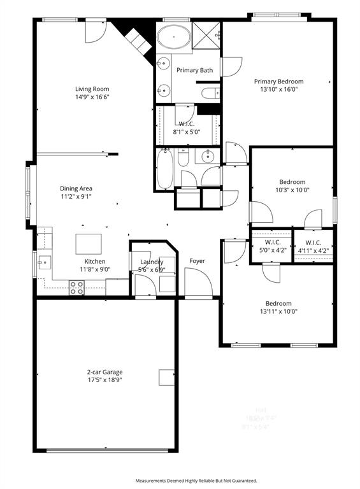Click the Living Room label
(x=92, y=89)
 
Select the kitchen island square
(x=88, y=244)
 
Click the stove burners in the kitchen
(x=76, y=288)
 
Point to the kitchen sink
(x=44, y=261)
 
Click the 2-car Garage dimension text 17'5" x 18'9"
(x=105, y=379)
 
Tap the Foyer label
(x=198, y=261)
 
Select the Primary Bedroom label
(x=278, y=81)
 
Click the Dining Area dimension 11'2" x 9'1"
(x=76, y=197)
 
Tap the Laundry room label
(x=152, y=262)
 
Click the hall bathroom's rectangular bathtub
(x=164, y=169)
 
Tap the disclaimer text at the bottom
(x=196, y=480)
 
